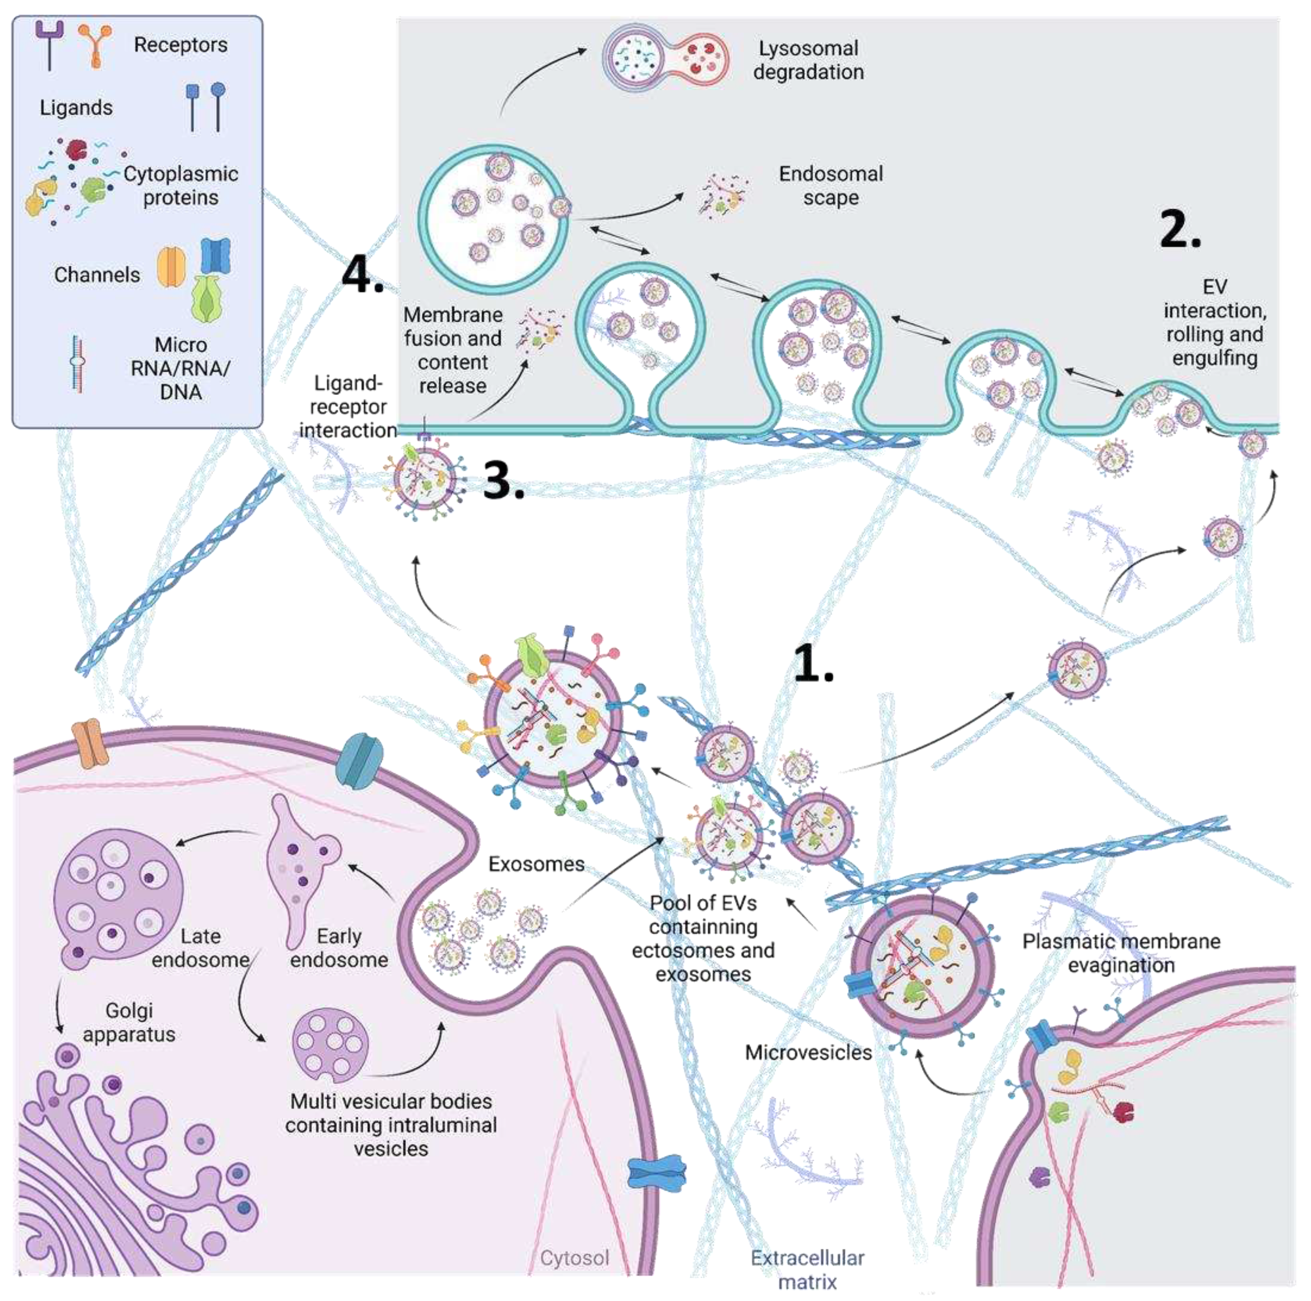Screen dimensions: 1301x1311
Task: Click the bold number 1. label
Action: pos(812,663)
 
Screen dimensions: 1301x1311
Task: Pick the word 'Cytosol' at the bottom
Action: pos(574,1258)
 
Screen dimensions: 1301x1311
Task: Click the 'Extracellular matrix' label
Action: pos(807,1269)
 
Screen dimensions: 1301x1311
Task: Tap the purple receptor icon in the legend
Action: pos(50,44)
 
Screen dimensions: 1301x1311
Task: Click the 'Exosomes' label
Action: pos(536,864)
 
